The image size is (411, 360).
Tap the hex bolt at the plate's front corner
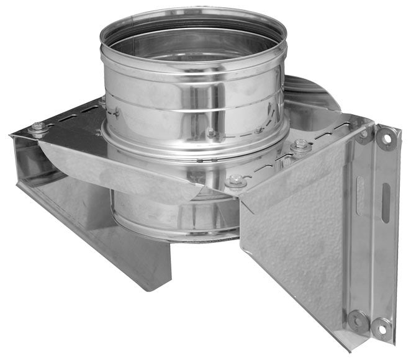[x=235, y=181]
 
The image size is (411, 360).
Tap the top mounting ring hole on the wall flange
[x=386, y=140]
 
